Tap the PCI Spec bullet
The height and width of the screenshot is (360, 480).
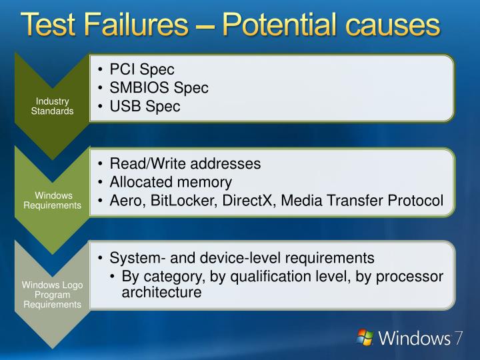coord(141,69)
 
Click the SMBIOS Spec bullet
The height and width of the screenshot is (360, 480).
coord(159,88)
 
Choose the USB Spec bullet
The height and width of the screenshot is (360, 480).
coord(145,107)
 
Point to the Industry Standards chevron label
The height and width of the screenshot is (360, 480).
coord(52,106)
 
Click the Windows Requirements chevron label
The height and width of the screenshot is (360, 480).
coord(52,200)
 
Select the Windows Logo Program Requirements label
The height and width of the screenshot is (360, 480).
coord(52,295)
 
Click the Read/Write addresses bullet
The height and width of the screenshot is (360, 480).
coord(185,163)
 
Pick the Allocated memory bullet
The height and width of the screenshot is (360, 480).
coord(171,182)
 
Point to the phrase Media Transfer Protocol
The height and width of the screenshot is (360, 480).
coord(362,201)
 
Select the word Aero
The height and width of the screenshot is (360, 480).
coord(125,201)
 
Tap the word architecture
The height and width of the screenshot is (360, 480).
coord(161,292)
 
